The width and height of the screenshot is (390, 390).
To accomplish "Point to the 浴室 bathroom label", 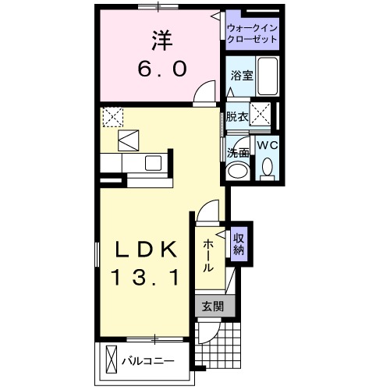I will click(241, 76).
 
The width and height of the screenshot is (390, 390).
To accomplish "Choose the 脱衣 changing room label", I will click(237, 117).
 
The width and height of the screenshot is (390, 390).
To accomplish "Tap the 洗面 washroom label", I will click(238, 152).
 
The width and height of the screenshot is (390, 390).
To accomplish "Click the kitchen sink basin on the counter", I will click(151, 163).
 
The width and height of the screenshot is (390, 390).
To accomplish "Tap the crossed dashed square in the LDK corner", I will click(112, 116).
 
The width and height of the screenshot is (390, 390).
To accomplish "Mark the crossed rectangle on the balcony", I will click(111, 360).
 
